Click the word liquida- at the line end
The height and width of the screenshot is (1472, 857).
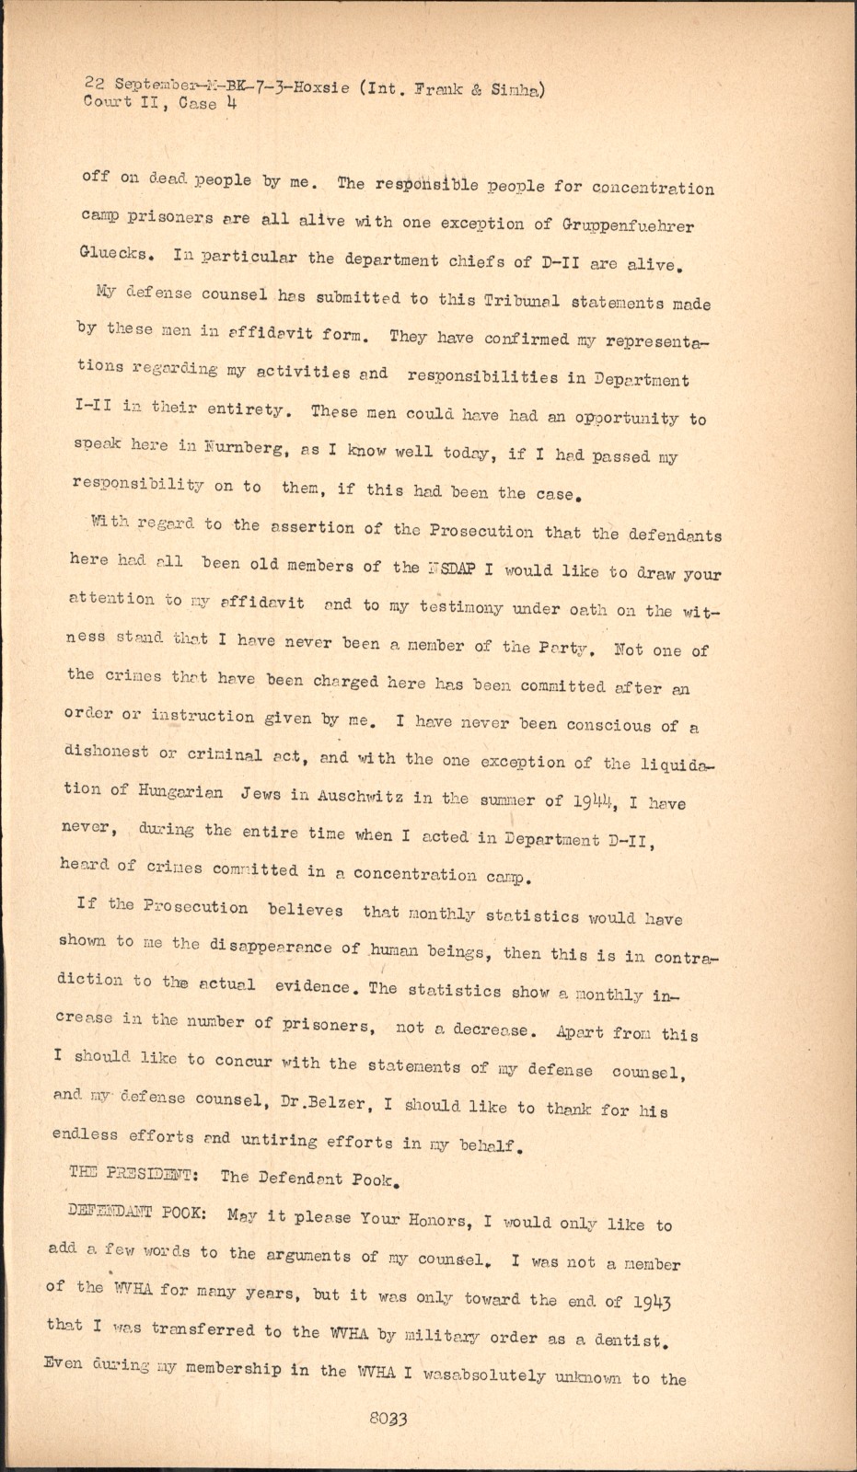662,764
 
